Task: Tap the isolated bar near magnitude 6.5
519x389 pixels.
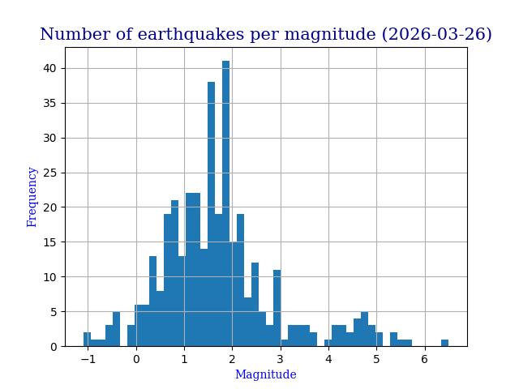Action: pyautogui.click(x=444, y=343)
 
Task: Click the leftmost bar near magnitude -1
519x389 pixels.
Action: pyautogui.click(x=87, y=340)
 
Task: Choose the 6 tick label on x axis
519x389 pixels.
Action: pyautogui.click(x=424, y=359)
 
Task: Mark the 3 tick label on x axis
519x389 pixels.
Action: pyautogui.click(x=281, y=359)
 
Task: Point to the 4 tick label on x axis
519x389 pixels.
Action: pyautogui.click(x=328, y=359)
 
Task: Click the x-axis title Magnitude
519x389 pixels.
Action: pyautogui.click(x=265, y=375)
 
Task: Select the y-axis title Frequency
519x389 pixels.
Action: pyautogui.click(x=32, y=197)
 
